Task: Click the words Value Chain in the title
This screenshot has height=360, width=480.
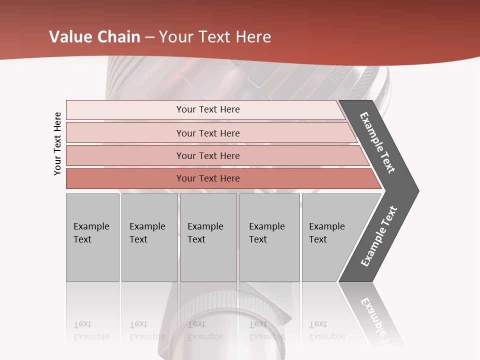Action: (x=95, y=37)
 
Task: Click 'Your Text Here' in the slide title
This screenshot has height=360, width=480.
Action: (x=215, y=37)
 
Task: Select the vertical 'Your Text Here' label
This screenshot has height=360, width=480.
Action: (x=57, y=143)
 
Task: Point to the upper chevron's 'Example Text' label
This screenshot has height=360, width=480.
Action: (x=377, y=142)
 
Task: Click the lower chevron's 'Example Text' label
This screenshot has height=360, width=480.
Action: (x=379, y=236)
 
